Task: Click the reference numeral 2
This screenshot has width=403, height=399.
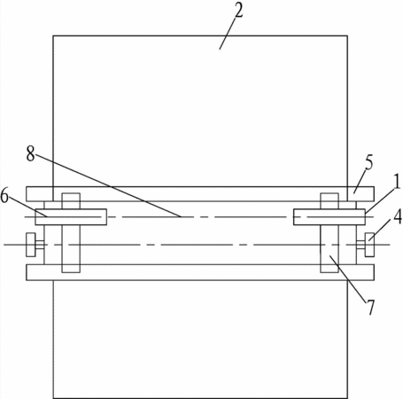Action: [238, 11]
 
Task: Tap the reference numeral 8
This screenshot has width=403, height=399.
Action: [30, 153]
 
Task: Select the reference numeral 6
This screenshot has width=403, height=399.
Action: [4, 196]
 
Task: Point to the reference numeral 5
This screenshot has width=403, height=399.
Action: [368, 162]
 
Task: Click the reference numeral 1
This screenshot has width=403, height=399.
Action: [398, 182]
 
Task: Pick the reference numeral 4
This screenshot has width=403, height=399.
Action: [398, 216]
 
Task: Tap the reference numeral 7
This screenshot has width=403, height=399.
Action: [370, 307]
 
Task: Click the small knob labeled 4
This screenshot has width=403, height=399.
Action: [369, 245]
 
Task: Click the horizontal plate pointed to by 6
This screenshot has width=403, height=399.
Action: [71, 217]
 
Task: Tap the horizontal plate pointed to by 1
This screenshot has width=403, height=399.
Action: [329, 217]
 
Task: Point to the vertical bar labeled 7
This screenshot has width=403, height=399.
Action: [329, 233]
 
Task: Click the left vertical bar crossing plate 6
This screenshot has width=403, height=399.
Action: [71, 233]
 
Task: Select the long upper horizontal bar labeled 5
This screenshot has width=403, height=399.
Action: [200, 194]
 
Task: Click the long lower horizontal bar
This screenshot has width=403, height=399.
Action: [200, 272]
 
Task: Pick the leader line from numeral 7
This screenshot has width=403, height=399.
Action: [349, 278]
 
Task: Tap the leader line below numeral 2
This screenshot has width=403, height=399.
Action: [228, 34]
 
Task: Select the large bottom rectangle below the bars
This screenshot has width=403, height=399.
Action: [200, 340]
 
